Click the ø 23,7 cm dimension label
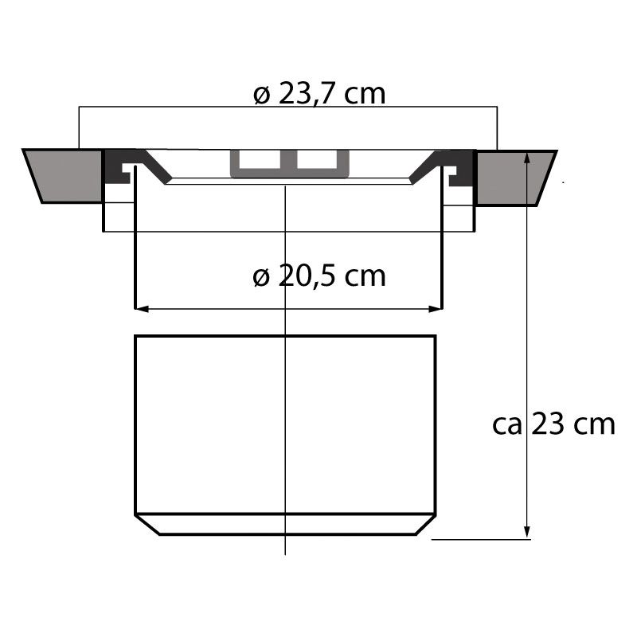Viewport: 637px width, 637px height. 319,94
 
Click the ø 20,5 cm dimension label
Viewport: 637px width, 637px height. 319,276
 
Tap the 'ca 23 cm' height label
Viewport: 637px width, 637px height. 554,424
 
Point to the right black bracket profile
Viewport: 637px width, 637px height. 458,168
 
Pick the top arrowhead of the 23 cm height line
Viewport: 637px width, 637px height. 526,158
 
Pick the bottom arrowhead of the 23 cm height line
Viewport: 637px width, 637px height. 526,532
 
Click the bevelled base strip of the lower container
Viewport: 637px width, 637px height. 285,524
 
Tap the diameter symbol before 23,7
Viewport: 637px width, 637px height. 262,95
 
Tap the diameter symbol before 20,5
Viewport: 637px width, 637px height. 262,277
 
